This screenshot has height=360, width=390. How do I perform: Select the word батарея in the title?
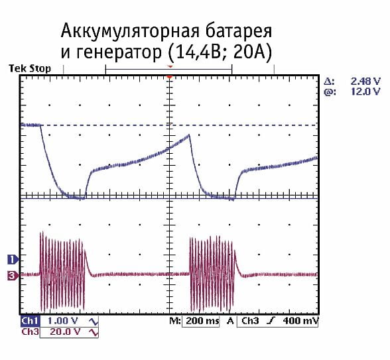tap(239, 32)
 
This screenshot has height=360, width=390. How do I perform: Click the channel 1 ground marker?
tap(11, 259)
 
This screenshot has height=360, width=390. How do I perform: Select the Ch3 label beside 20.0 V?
tap(30, 331)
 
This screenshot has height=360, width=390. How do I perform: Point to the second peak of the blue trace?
tap(190, 136)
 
